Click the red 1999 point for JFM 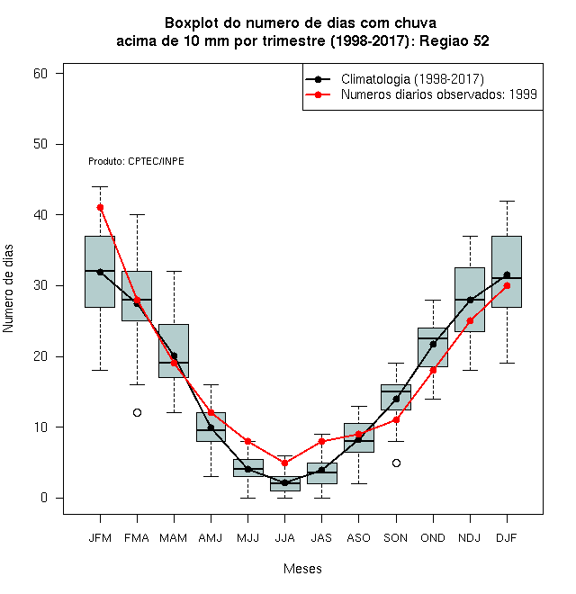pos(100,208)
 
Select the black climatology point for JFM pos(100,272)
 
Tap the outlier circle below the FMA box pos(137,412)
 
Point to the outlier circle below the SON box pos(396,463)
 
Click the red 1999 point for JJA pos(285,463)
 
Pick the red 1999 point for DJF pos(507,286)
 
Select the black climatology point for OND pos(433,345)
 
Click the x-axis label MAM pos(174,538)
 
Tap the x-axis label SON pos(396,538)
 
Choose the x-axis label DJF pos(507,538)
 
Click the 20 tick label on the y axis pos(40,356)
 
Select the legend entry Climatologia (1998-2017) pos(412,79)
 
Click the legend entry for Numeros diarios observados pos(439,94)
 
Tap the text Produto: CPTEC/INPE pos(136,161)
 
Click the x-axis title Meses pos(302,569)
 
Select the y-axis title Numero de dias pos(8,289)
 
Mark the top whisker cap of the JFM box pos(100,187)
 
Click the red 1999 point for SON pos(396,419)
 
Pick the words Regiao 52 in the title pos(454,40)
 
